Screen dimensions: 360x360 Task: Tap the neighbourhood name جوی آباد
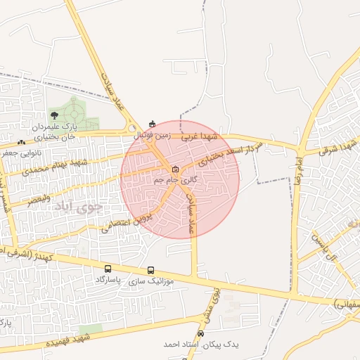tap(86, 208)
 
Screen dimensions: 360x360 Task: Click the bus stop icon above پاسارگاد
tap(108, 269)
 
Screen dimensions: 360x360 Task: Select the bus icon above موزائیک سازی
tap(151, 270)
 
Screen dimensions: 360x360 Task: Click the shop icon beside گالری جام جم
tap(175, 169)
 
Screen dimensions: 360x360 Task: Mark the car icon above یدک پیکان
tap(201, 334)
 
